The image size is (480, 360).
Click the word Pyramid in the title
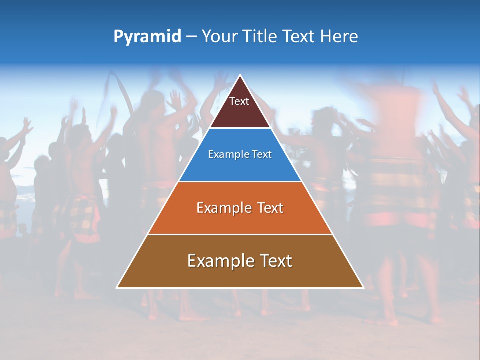[x=147, y=37]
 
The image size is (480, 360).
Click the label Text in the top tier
[x=239, y=101]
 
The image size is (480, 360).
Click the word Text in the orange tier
[x=270, y=208]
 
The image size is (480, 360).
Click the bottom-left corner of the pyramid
[x=117, y=287]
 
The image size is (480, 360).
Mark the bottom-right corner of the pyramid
[x=363, y=287]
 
